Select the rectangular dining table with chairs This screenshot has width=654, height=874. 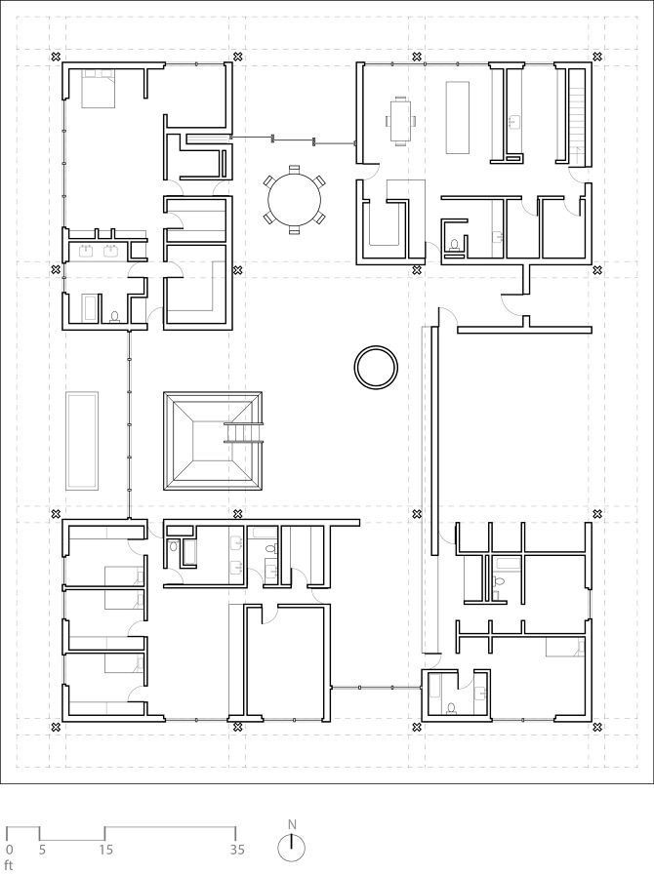[x=401, y=121]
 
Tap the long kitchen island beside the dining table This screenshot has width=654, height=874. [x=457, y=117]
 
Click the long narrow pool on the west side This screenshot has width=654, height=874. [x=82, y=440]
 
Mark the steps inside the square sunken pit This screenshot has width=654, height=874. [x=243, y=432]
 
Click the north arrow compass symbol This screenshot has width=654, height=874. [x=291, y=849]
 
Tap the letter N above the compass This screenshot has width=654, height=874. [x=292, y=824]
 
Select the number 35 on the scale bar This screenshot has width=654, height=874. [x=237, y=850]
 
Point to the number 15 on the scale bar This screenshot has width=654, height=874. [x=106, y=850]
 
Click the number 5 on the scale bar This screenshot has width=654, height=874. [x=42, y=850]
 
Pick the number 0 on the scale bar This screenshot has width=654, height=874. [x=8, y=850]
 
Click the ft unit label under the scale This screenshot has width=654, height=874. [x=8, y=865]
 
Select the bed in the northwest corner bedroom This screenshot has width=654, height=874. [x=99, y=88]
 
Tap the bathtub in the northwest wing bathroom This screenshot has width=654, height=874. [x=89, y=307]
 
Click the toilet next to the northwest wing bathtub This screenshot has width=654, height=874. [x=115, y=317]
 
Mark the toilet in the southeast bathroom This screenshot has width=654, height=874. [x=451, y=708]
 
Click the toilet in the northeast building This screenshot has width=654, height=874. [x=454, y=244]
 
